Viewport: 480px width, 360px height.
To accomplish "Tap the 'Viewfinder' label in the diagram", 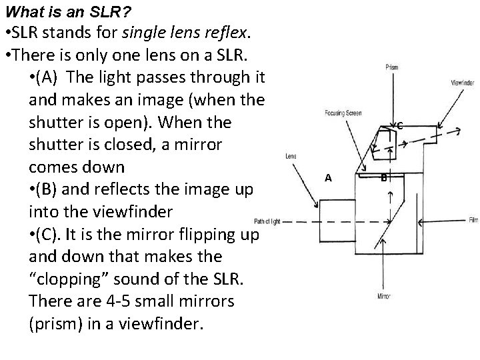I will (x=463, y=83).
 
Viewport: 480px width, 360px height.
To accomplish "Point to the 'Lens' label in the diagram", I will (x=291, y=157).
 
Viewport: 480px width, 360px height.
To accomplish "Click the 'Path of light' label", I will (x=269, y=221).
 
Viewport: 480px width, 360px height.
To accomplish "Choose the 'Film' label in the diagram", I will (x=473, y=219).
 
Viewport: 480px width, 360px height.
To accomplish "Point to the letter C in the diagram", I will (x=399, y=125).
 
